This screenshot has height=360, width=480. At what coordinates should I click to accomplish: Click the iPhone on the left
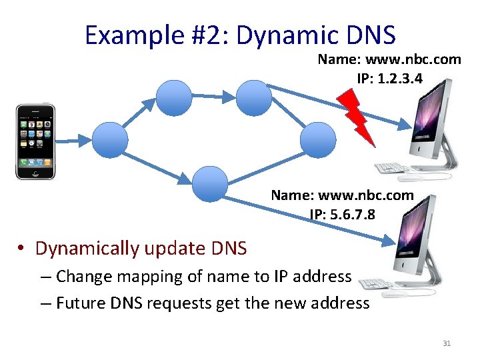point(35,141)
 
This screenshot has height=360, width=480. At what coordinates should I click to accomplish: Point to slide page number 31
point(447,343)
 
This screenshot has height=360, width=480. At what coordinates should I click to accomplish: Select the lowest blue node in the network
point(209,183)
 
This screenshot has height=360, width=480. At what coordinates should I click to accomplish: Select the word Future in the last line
point(78,303)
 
